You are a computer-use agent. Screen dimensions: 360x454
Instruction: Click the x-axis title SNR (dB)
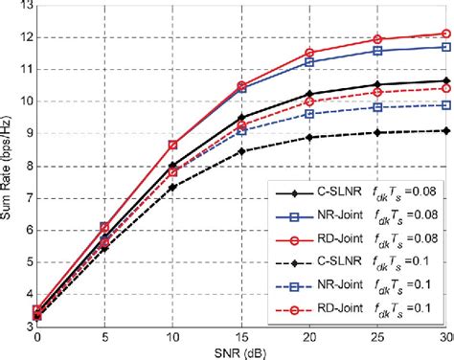point(241,351)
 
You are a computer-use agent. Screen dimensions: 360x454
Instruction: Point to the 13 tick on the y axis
point(24,6)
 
